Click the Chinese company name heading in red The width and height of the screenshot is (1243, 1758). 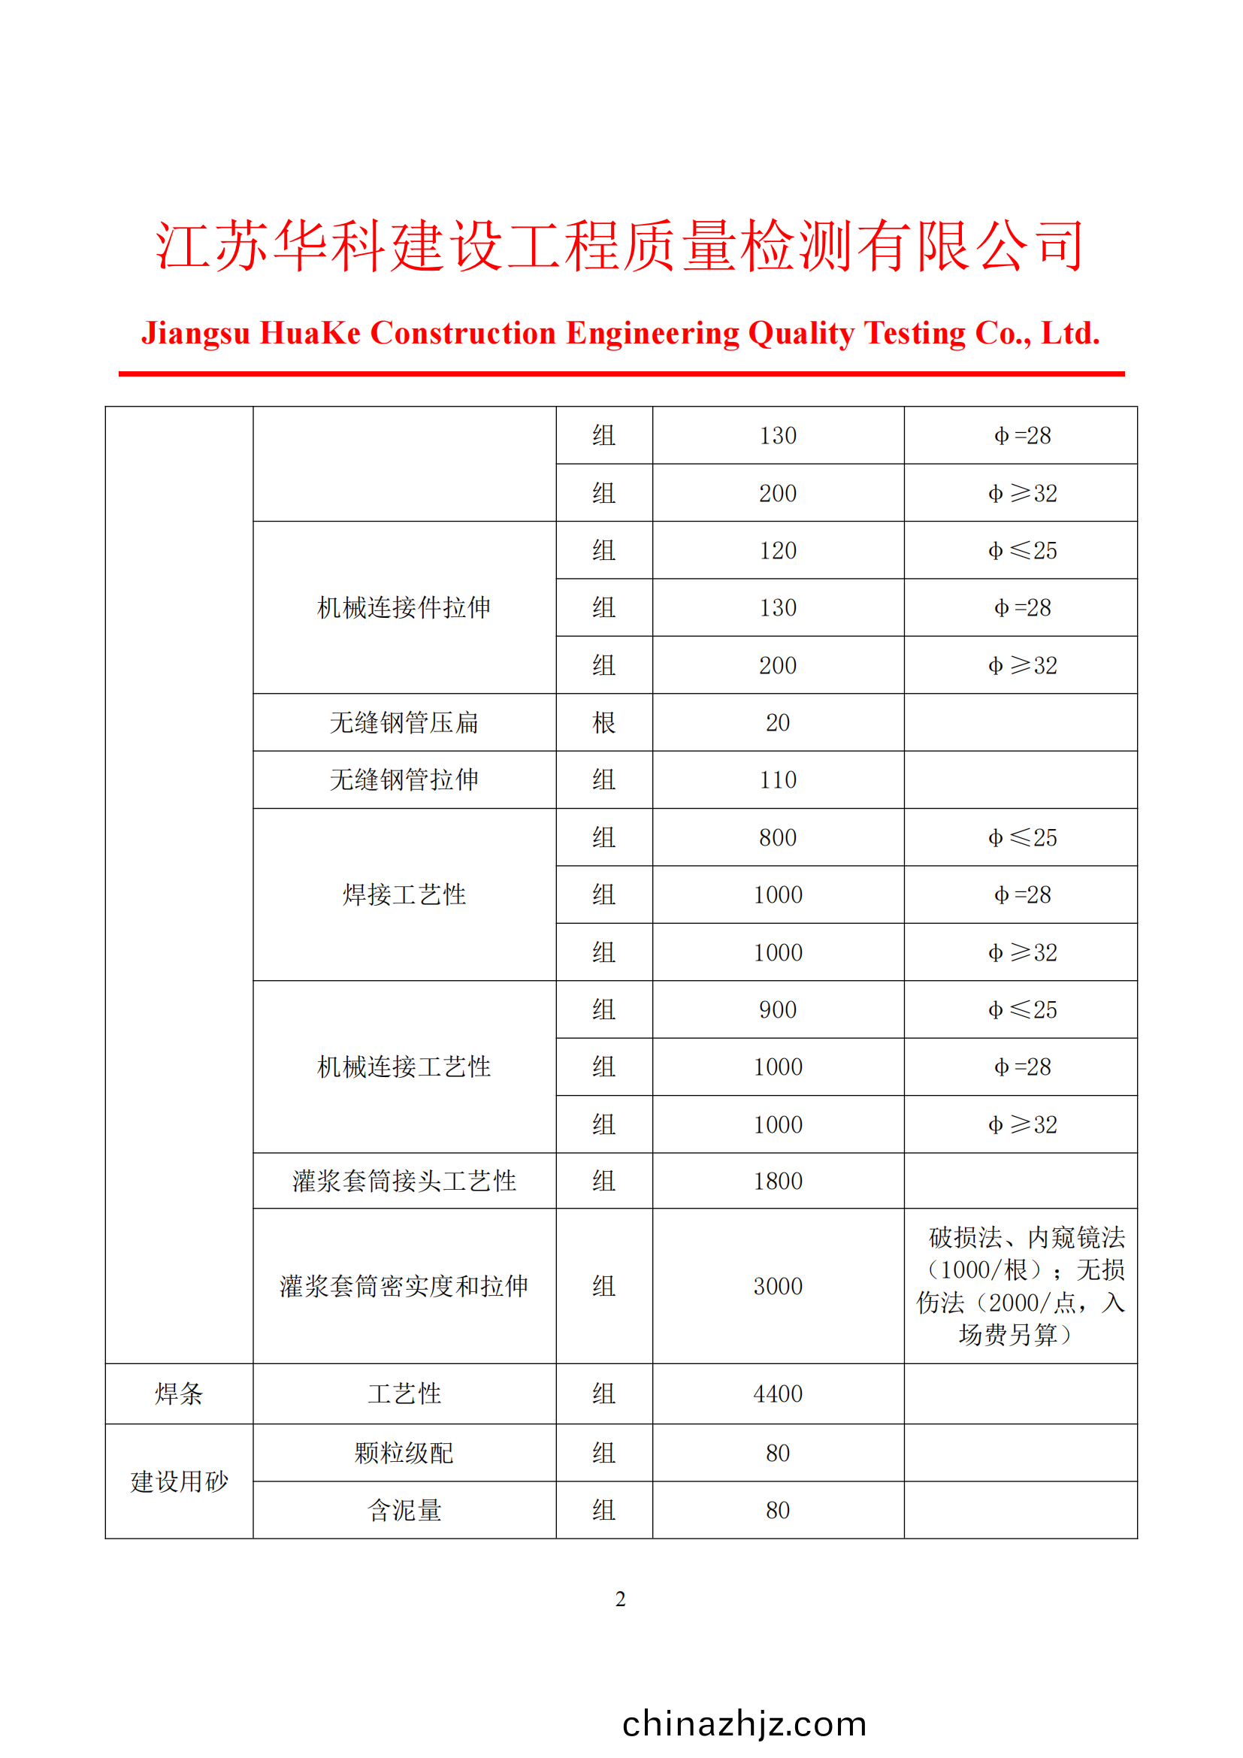(x=620, y=247)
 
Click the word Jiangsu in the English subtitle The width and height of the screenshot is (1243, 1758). (x=196, y=334)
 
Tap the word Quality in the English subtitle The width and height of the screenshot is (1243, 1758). (x=800, y=334)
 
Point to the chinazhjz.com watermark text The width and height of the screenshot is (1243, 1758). (x=744, y=1723)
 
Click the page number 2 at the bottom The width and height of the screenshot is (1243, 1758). (x=620, y=1599)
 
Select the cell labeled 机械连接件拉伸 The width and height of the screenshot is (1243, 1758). (x=404, y=608)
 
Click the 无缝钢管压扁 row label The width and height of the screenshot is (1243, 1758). (x=404, y=723)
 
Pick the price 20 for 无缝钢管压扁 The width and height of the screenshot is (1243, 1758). (x=778, y=723)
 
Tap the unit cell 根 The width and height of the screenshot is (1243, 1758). (x=604, y=723)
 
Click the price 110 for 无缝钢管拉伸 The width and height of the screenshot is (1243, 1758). (x=778, y=780)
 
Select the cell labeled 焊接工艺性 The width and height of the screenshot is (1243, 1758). (x=404, y=895)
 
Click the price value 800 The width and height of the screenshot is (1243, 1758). (x=778, y=837)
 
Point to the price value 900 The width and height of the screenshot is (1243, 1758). (x=778, y=1010)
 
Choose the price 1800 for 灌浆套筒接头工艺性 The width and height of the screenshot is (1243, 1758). (x=778, y=1182)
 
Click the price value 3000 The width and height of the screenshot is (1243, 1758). (x=778, y=1286)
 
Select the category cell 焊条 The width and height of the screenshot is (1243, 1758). (x=179, y=1393)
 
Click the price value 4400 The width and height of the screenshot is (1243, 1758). (x=778, y=1393)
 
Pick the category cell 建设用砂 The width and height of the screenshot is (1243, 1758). (x=179, y=1481)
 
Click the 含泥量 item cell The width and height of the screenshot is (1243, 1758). (x=404, y=1511)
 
